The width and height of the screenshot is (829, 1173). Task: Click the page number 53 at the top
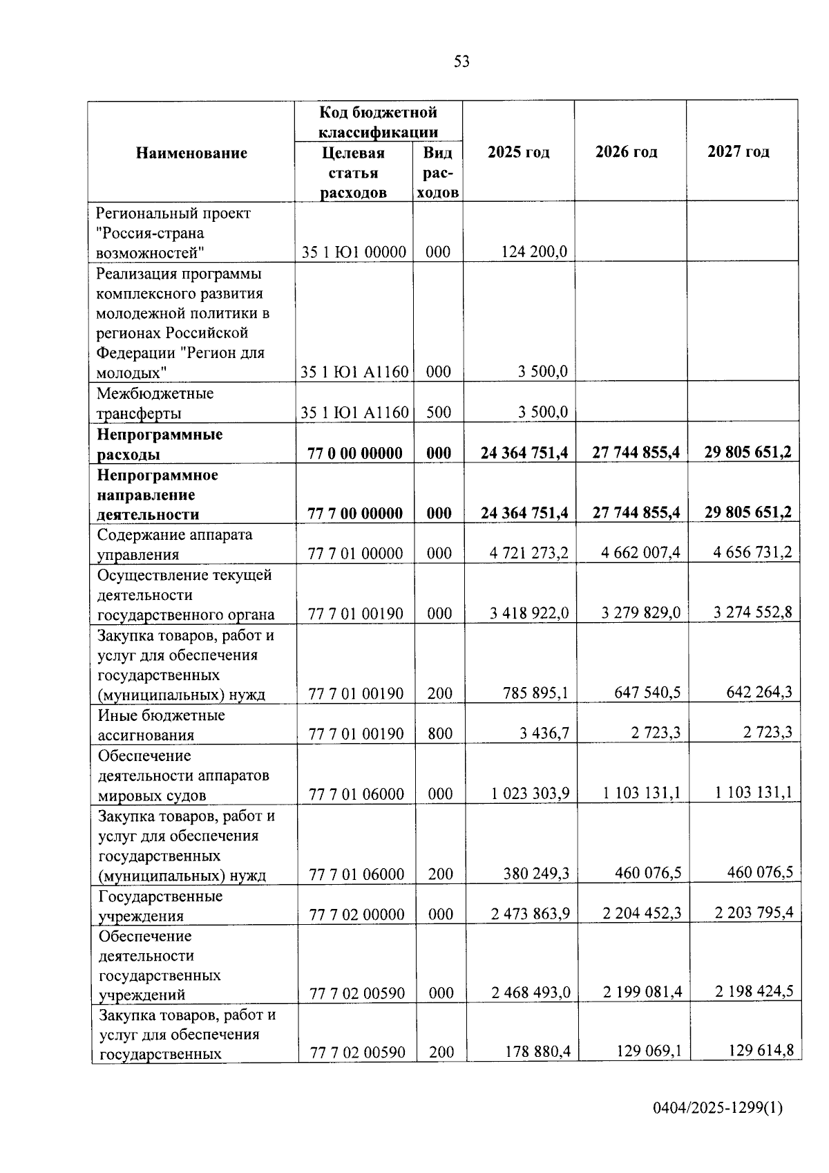coord(461,62)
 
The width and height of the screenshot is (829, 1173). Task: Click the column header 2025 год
coord(518,152)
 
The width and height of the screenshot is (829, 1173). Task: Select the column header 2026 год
coord(626,152)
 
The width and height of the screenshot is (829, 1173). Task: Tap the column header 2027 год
coord(738,152)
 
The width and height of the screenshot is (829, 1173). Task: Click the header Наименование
coord(191,153)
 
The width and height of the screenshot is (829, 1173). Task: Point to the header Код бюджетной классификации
coord(378,122)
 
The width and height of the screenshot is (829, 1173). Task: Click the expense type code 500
coord(439,413)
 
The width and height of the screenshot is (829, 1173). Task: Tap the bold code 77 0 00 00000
coord(355,453)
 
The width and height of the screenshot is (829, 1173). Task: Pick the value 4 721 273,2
coord(530,553)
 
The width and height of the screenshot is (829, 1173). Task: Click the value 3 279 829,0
coord(641,613)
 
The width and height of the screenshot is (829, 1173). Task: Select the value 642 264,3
coord(759,692)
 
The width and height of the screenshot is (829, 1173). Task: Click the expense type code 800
coord(439,733)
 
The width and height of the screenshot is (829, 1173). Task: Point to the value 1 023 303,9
coord(531,794)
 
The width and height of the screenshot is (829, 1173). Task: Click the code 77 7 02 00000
coord(356,914)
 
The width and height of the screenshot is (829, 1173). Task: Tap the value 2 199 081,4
coord(642,992)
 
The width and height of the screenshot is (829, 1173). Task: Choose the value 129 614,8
coord(761,1051)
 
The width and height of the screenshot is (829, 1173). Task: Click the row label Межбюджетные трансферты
coord(155,403)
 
